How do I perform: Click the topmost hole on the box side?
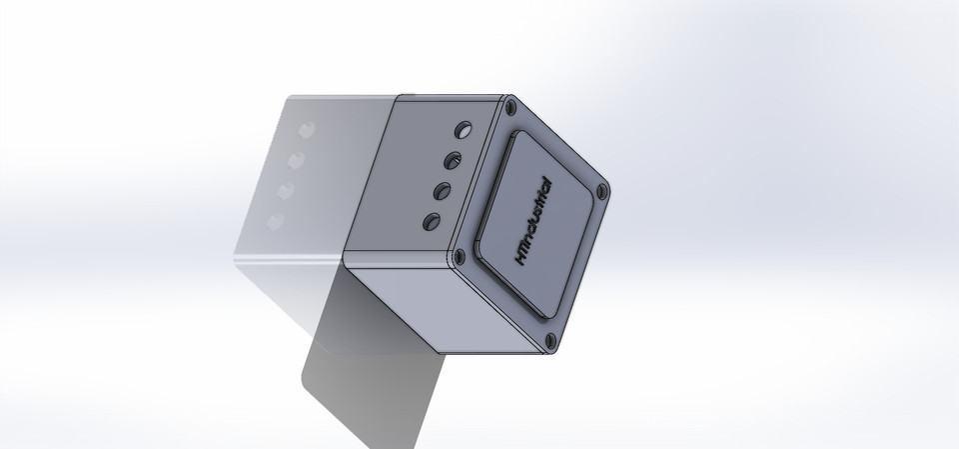pos(464,130)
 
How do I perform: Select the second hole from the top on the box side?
pos(453,159)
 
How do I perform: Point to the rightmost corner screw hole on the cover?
pos(601,189)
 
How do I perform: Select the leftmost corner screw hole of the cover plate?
pos(459,254)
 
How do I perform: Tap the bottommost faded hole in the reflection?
pos(277,221)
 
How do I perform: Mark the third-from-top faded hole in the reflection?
pos(287,190)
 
